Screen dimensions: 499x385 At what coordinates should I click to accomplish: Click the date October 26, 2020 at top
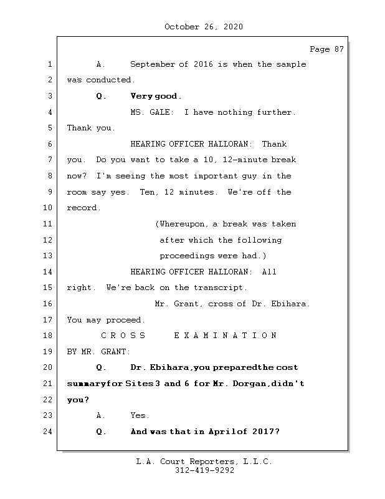[x=204, y=27]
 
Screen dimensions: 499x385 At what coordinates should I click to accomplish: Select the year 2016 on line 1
[x=204, y=64]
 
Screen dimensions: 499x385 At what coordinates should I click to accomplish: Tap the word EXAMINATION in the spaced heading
[x=225, y=336]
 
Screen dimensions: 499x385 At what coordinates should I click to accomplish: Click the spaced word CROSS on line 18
[x=123, y=336]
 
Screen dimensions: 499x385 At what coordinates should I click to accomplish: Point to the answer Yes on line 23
[x=138, y=415]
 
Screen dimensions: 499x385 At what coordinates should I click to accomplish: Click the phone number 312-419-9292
[x=204, y=471]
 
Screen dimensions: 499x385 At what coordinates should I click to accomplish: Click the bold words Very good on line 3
[x=156, y=96]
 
